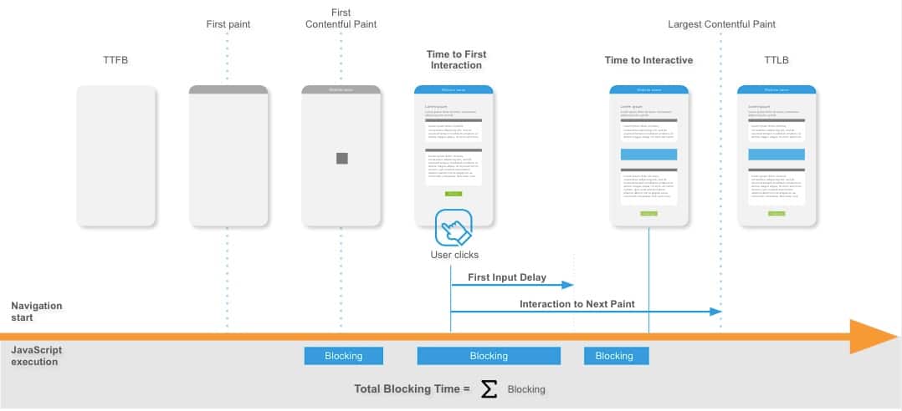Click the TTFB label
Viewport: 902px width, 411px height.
click(x=115, y=60)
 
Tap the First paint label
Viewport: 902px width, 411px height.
click(x=228, y=24)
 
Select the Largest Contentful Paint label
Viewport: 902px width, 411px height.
click(x=721, y=24)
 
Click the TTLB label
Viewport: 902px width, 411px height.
click(x=776, y=60)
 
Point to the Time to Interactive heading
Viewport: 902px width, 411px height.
click(x=648, y=60)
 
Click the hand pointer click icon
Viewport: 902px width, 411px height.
click(x=454, y=227)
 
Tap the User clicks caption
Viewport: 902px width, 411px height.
click(x=454, y=255)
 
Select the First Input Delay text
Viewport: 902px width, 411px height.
click(x=506, y=277)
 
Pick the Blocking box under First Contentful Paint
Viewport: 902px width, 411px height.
click(x=343, y=356)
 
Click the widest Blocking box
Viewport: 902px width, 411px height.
click(x=488, y=356)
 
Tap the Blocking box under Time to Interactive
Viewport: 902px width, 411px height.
click(x=614, y=356)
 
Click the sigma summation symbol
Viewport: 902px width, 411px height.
click(x=489, y=388)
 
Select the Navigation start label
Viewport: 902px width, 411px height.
click(x=37, y=312)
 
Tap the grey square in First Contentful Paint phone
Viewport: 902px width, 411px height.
click(x=341, y=158)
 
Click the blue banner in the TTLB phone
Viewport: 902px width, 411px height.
click(x=776, y=155)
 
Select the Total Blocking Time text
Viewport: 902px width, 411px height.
click(x=412, y=388)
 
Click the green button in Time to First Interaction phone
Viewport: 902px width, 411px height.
click(x=454, y=194)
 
